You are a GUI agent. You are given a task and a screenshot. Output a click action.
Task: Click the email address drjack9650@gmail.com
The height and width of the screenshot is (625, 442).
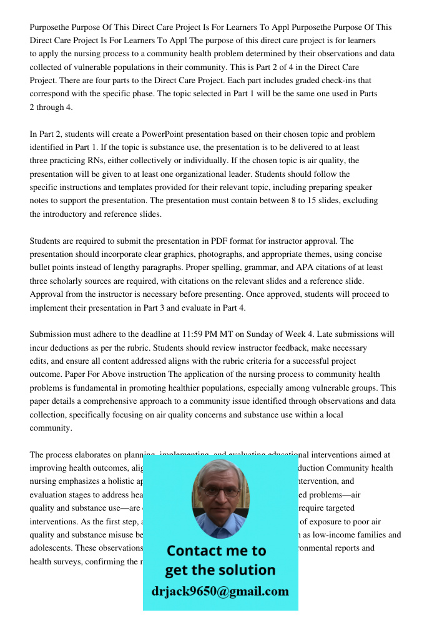pyautogui.click(x=220, y=591)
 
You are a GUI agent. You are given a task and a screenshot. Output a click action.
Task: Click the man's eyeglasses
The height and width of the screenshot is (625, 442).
pyautogui.click(x=220, y=490)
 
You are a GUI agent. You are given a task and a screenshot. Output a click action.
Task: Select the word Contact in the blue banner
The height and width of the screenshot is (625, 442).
pyautogui.click(x=199, y=551)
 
